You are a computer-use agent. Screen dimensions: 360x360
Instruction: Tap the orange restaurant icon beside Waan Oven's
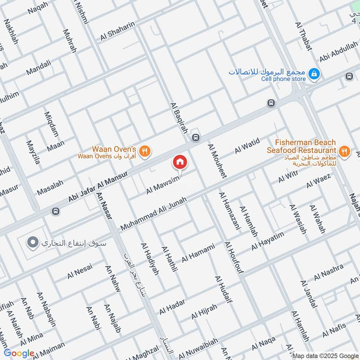pyautogui.click(x=144, y=152)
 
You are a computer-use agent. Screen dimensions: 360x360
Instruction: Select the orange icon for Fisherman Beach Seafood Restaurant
pyautogui.click(x=344, y=152)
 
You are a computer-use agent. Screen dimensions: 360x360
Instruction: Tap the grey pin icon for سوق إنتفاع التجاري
pyautogui.click(x=31, y=243)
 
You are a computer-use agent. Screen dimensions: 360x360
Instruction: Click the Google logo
pyautogui.click(x=19, y=353)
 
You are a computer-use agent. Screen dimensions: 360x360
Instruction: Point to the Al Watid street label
pyautogui.click(x=247, y=147)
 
